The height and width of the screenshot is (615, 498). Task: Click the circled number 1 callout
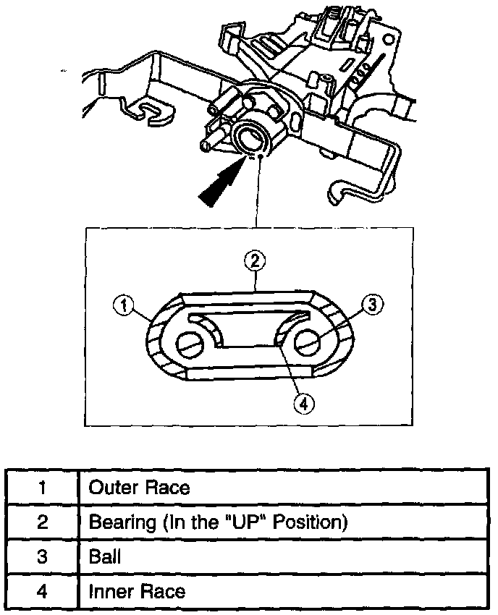(x=124, y=306)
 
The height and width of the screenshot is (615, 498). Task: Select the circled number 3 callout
(x=371, y=305)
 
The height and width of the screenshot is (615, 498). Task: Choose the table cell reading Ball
(x=104, y=556)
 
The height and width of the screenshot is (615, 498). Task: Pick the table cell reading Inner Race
(x=137, y=591)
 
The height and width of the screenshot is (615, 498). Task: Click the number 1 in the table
(x=43, y=487)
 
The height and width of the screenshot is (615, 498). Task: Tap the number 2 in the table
(x=43, y=522)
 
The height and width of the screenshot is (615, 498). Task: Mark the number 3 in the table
(x=43, y=556)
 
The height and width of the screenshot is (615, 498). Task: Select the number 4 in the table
(x=43, y=591)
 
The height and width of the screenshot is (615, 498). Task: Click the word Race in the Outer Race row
(x=168, y=487)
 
